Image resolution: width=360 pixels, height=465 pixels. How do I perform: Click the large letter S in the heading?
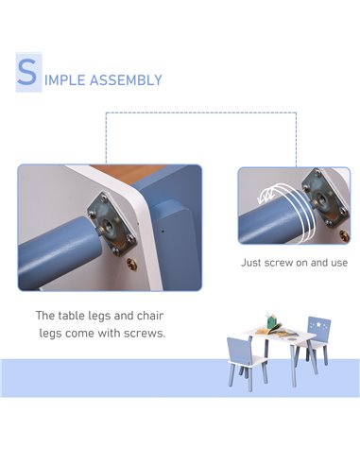(x=27, y=72)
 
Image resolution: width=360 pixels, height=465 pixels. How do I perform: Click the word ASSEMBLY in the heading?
(x=126, y=80)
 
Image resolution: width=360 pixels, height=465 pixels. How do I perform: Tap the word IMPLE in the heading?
(x=65, y=80)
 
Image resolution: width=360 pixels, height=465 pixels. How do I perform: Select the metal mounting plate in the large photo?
(x=112, y=224)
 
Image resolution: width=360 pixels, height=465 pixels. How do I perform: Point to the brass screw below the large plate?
(x=131, y=264)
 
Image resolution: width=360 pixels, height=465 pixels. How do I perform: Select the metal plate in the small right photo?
(x=324, y=198)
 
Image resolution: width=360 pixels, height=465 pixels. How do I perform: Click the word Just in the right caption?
(x=251, y=263)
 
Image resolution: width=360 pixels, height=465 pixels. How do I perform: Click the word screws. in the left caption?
(x=145, y=334)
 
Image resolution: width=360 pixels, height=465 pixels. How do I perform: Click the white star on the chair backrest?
(x=319, y=323)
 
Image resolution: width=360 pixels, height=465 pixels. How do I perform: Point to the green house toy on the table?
(x=271, y=320)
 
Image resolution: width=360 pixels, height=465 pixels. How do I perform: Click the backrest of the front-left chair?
(x=239, y=350)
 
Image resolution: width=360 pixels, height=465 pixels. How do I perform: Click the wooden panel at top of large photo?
(x=129, y=174)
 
